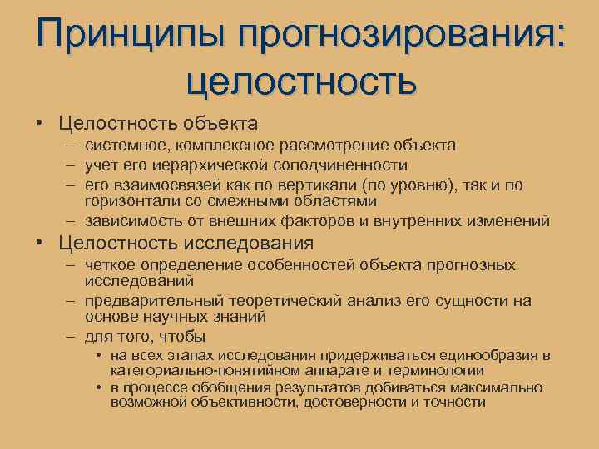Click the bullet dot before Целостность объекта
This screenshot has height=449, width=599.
click(39, 124)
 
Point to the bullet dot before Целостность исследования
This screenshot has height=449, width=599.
click(39, 244)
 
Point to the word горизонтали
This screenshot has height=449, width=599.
click(126, 201)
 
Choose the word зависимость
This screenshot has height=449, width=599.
click(129, 221)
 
